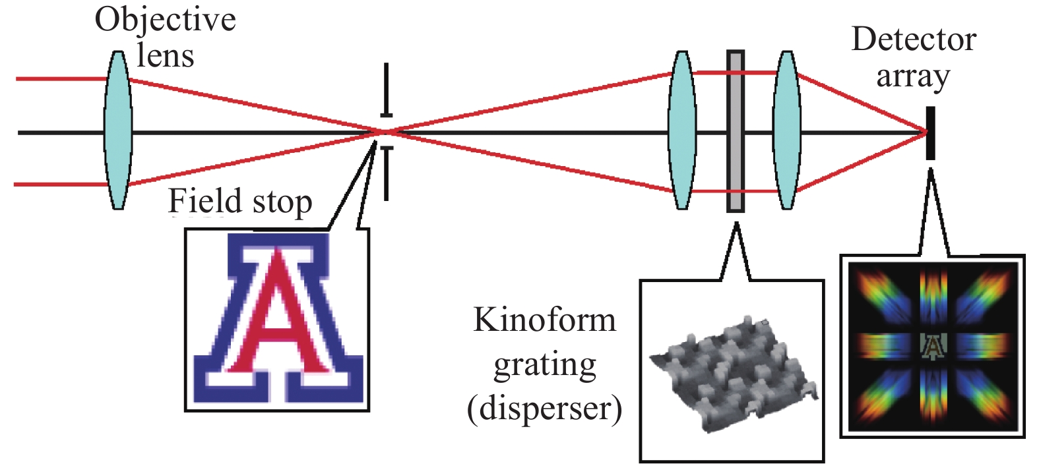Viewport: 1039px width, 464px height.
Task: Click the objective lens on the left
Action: coord(118,130)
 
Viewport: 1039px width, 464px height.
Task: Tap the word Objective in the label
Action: coord(165,19)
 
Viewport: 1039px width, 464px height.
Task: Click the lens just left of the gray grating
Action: coord(682,130)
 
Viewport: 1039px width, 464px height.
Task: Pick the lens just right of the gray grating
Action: coord(786,130)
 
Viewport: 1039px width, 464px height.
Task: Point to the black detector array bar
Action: coord(930,133)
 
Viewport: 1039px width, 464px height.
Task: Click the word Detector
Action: coord(914,40)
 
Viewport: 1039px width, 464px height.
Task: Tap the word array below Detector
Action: coord(913,76)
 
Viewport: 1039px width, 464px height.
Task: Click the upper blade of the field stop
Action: coord(387,90)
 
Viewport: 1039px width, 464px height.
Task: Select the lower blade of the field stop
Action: coord(387,173)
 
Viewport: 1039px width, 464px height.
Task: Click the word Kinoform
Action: coord(545,320)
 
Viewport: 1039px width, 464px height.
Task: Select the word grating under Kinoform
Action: coord(545,364)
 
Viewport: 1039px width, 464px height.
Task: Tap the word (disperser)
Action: coord(545,409)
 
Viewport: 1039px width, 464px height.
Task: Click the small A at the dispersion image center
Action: coord(933,346)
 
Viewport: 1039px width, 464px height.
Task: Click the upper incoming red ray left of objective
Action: coord(59,79)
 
